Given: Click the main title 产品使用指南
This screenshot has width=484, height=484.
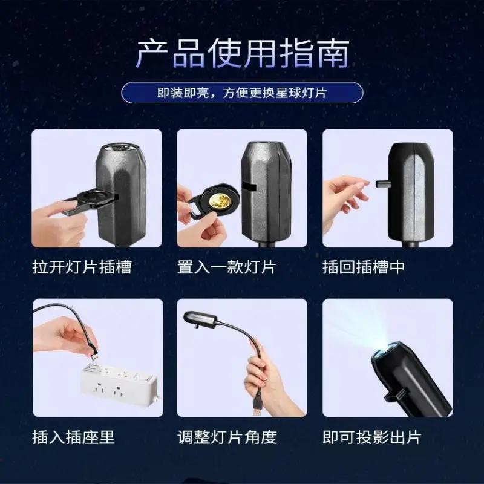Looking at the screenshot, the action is (x=243, y=53).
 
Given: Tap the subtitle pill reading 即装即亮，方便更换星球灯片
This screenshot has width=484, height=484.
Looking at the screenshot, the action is (x=242, y=93).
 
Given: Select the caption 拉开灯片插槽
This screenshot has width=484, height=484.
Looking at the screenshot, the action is (x=82, y=267).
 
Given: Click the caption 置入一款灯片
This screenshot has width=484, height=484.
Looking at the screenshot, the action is (x=226, y=267).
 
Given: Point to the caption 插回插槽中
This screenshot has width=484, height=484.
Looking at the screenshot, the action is (x=364, y=267).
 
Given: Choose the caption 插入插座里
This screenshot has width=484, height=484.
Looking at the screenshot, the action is (x=73, y=437).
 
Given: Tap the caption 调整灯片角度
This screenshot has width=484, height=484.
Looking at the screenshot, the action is (x=227, y=437).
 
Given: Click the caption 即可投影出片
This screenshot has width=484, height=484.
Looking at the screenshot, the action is (x=372, y=437).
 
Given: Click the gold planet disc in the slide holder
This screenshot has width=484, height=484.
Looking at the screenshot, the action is (x=220, y=201).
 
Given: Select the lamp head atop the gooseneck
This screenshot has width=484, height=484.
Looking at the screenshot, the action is (x=200, y=319).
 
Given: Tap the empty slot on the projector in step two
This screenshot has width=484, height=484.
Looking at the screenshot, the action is (x=250, y=188).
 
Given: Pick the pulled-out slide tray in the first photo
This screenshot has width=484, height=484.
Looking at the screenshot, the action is (x=90, y=201).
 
